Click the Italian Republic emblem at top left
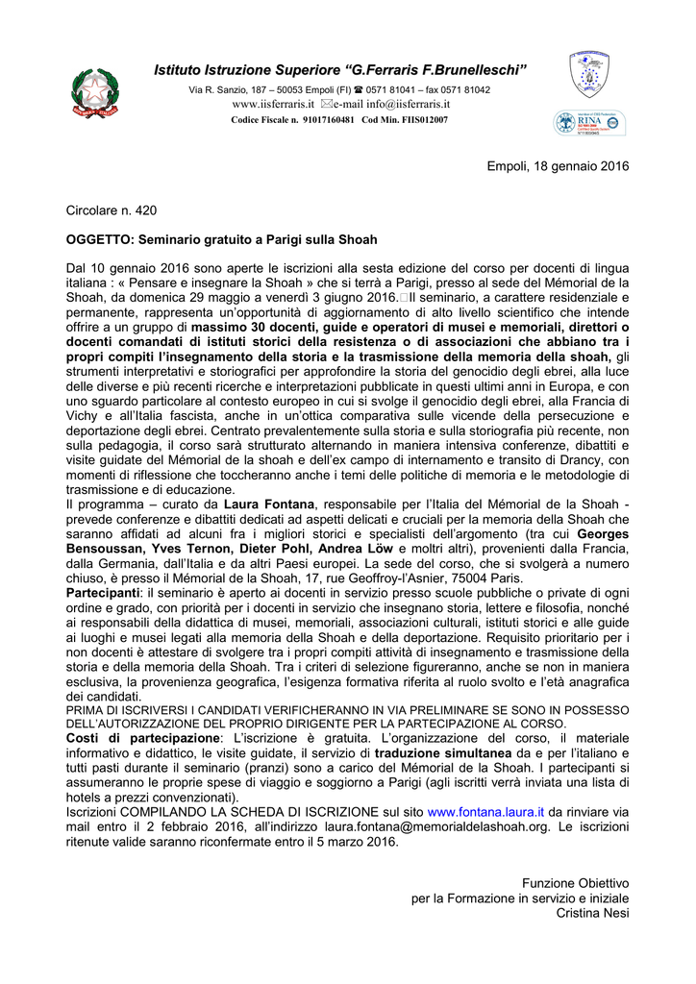pos(93,94)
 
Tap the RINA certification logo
pos(589,123)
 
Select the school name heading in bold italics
pos(341,69)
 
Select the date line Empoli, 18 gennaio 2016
pos(558,166)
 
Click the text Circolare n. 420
pos(111,209)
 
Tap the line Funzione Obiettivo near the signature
pos(575,882)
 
